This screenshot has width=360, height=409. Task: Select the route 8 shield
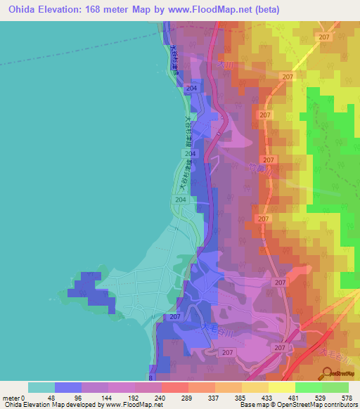tap(150, 377)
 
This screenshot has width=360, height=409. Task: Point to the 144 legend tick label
tap(108, 397)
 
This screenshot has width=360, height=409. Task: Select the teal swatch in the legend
tap(41, 387)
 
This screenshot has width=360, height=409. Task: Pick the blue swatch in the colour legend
tap(68, 387)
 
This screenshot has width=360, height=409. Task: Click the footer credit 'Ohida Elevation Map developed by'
tap(53, 405)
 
